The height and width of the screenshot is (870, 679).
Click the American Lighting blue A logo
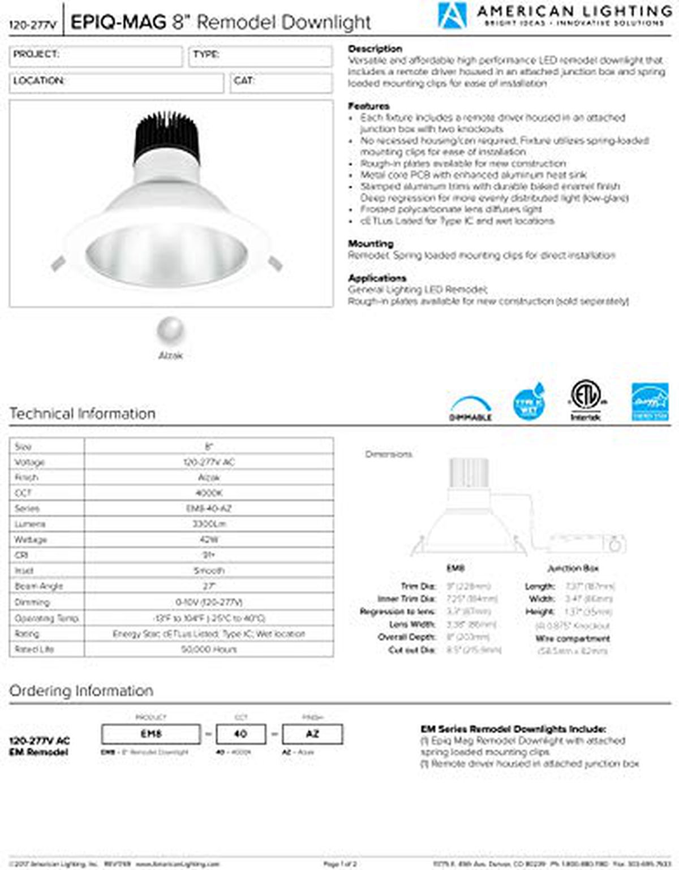(x=452, y=15)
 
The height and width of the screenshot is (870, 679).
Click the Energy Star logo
(x=650, y=402)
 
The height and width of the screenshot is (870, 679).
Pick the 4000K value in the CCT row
(x=209, y=493)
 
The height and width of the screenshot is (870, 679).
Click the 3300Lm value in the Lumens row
(x=209, y=524)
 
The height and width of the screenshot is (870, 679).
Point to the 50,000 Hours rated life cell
(x=209, y=649)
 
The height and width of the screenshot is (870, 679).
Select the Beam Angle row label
(x=39, y=586)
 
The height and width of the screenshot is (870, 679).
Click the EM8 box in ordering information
(x=151, y=734)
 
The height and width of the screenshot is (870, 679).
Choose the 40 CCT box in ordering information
(x=240, y=734)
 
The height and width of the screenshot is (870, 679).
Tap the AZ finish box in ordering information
(x=312, y=734)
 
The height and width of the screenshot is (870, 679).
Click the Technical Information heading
(x=83, y=414)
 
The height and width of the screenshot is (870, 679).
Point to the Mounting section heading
(x=371, y=243)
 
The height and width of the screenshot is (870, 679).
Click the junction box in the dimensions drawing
(x=586, y=544)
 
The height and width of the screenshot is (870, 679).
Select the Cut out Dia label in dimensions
(x=412, y=650)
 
